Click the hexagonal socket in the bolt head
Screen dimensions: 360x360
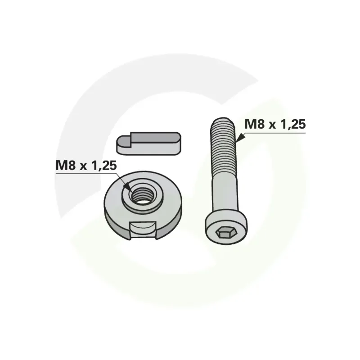pyautogui.click(x=226, y=234)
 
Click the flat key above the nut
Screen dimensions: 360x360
pyautogui.click(x=149, y=144)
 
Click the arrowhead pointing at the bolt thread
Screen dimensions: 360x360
pyautogui.click(x=240, y=138)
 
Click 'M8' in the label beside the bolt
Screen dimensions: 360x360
pyautogui.click(x=254, y=124)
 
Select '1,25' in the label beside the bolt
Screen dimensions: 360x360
pyautogui.click(x=293, y=125)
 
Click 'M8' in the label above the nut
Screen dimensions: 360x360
pyautogui.click(x=65, y=165)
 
